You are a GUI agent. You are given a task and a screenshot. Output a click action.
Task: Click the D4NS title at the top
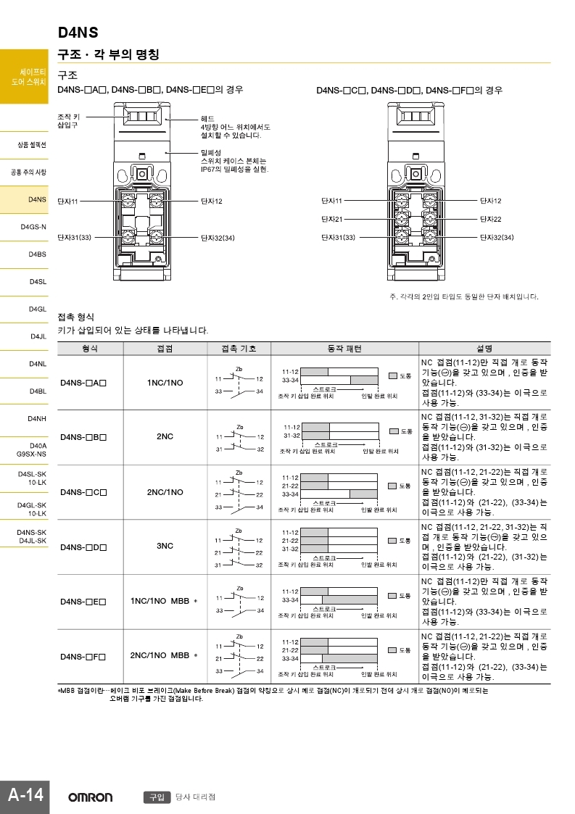coord(78,33)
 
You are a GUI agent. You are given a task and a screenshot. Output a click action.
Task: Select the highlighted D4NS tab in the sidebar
coord(37,199)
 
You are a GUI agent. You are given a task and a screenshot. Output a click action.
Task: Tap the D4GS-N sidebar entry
coord(33,227)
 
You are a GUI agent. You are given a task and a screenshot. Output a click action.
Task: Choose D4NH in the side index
coord(37,419)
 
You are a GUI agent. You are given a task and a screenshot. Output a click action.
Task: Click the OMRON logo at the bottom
coord(91,797)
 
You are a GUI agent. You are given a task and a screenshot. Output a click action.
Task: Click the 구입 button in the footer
coord(156,797)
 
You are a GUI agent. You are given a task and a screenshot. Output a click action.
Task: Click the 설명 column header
coord(484,349)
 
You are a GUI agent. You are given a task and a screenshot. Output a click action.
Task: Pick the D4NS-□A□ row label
coord(83,383)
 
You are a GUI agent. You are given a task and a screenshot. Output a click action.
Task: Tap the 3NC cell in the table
coord(165,546)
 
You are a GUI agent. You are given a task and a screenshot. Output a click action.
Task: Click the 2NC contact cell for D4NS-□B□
coord(165,437)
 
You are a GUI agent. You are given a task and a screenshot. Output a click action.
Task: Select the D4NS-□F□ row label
coord(83,657)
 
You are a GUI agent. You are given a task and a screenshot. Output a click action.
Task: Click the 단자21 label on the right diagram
coord(331,219)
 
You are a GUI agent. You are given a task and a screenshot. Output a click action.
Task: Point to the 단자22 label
coord(491,219)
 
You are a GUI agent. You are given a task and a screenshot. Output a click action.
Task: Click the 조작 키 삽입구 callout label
coord(69,120)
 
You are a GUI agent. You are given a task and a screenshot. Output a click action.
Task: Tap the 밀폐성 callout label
coord(210,152)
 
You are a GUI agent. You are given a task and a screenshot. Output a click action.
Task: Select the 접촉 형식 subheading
coord(75,317)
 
